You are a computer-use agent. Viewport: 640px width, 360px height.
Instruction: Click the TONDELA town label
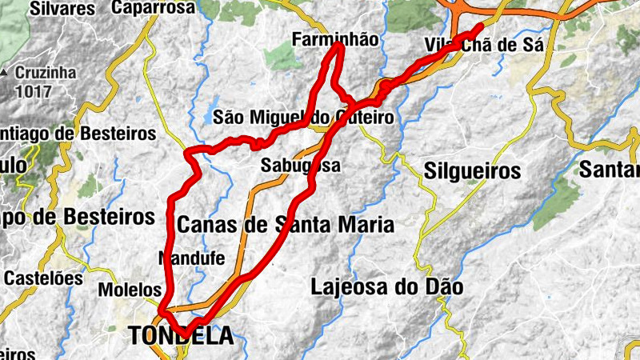click(x=182, y=336)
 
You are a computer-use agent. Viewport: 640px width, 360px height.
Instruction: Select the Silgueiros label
click(x=472, y=170)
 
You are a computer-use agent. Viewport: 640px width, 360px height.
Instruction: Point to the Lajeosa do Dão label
click(x=387, y=286)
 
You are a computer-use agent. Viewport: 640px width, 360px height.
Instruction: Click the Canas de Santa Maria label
click(x=285, y=225)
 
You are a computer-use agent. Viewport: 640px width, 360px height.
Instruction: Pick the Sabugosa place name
click(x=301, y=166)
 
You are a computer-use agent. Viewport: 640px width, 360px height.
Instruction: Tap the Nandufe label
click(x=192, y=258)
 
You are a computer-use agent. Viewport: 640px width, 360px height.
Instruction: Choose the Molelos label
click(x=130, y=289)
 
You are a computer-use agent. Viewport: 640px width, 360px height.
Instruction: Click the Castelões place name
click(x=43, y=278)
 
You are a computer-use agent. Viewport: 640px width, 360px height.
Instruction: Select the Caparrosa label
click(x=154, y=8)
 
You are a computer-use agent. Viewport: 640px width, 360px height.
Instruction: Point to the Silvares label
click(x=62, y=8)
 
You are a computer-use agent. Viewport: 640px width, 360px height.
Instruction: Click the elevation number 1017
click(x=33, y=90)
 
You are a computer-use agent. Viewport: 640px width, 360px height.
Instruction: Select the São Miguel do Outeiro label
click(x=303, y=118)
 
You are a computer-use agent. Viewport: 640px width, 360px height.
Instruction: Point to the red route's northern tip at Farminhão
click(x=339, y=46)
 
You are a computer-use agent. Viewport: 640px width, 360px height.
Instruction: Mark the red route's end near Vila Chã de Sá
click(x=480, y=26)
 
